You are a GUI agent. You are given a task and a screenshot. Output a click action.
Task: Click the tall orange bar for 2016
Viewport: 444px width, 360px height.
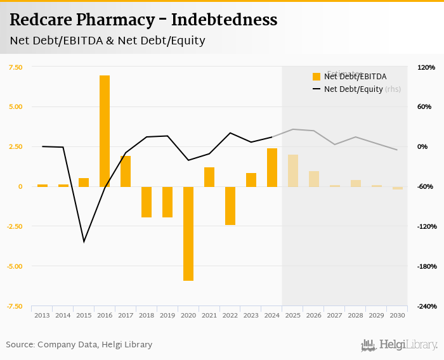click(x=105, y=131)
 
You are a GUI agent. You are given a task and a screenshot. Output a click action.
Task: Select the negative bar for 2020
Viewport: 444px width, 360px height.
click(x=188, y=233)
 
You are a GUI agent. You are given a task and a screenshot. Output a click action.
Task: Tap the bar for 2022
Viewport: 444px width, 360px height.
click(x=230, y=205)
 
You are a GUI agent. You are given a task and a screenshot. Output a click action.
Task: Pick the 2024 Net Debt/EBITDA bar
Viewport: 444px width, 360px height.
click(x=272, y=167)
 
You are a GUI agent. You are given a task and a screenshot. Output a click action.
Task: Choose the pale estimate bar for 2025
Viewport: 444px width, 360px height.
click(x=292, y=170)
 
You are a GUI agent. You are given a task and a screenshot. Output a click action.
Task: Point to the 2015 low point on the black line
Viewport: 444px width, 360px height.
click(x=84, y=241)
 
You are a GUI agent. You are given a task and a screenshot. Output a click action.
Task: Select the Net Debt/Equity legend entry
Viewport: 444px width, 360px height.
click(x=353, y=89)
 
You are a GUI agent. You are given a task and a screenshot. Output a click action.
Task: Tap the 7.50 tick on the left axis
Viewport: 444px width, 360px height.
click(x=15, y=67)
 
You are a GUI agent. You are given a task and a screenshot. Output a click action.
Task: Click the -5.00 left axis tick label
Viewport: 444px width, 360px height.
click(x=14, y=266)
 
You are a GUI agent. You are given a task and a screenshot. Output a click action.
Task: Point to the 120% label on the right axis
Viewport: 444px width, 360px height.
click(x=426, y=67)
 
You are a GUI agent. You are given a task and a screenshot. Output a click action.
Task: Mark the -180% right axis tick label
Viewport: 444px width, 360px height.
click(x=426, y=266)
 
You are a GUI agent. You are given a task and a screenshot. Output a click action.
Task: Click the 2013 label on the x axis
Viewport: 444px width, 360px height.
click(x=42, y=315)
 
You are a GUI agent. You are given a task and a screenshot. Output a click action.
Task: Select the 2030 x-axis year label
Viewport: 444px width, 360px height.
click(x=397, y=315)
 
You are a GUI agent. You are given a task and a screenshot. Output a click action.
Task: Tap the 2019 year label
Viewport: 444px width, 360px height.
click(x=167, y=315)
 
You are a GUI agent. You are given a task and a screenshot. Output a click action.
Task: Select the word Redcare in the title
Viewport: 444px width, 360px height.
click(x=39, y=20)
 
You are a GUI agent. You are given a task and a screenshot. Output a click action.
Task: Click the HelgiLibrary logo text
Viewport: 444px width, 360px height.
click(x=408, y=345)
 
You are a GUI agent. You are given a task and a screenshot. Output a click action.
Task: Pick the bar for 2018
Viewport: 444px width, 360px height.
click(x=147, y=202)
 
